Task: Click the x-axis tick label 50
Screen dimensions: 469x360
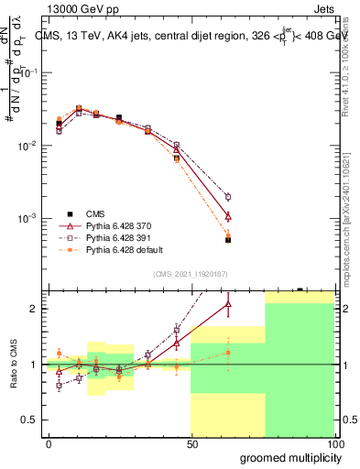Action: (x=191, y=443)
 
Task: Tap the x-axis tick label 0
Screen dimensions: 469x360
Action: (x=48, y=443)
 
